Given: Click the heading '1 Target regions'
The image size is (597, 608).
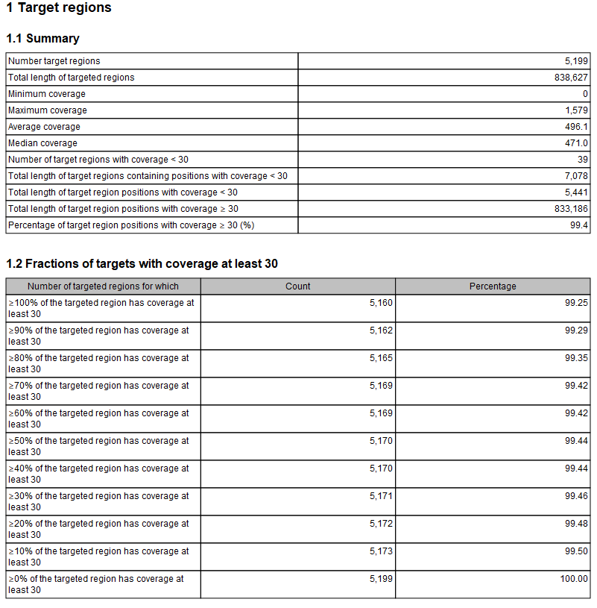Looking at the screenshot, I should (59, 8).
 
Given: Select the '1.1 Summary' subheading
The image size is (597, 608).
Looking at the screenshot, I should (42, 39).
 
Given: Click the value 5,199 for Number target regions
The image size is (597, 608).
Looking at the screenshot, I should (576, 61).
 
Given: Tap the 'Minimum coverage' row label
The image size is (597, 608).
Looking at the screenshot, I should (47, 94).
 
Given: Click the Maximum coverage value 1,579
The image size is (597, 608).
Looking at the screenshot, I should (576, 110).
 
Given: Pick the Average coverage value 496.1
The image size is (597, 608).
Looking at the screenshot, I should (576, 127).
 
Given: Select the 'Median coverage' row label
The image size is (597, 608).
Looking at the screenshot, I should (42, 143).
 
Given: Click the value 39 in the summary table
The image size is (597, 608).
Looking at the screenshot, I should (583, 160).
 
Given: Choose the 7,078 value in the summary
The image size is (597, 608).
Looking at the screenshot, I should (576, 176).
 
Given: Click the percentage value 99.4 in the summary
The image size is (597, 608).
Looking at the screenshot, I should (579, 225).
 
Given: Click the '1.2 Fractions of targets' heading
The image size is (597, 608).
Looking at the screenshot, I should (142, 264).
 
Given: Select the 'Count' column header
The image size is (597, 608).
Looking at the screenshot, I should (298, 286).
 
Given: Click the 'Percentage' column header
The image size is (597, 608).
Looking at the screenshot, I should (493, 286).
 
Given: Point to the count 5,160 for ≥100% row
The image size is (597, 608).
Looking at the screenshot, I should (381, 303).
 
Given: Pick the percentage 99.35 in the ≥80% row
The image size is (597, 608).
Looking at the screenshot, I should (576, 358).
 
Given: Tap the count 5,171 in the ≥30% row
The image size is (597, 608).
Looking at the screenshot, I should (381, 496).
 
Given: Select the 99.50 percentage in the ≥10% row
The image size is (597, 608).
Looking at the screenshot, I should (576, 551).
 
